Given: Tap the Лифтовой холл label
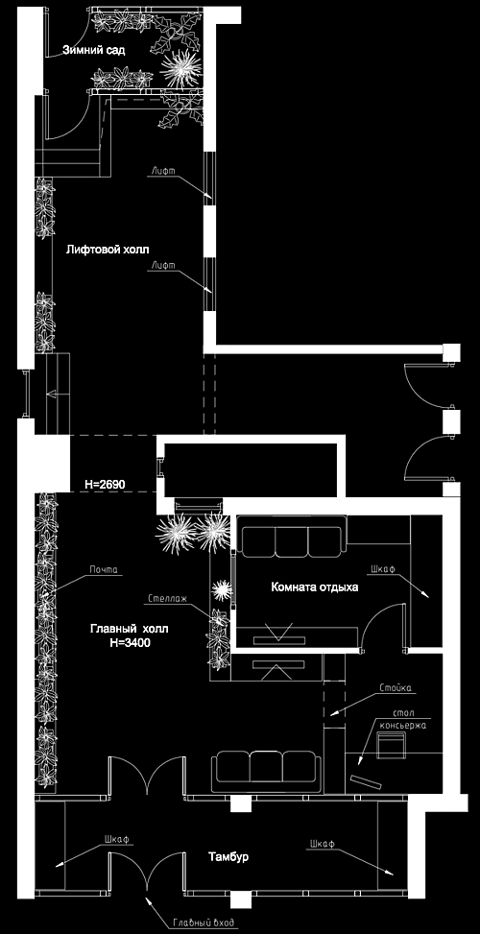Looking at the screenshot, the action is point(108,249).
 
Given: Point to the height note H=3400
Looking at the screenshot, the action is point(130,642).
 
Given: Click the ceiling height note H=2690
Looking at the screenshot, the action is point(105,484).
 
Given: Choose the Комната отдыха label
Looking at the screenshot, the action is point(315,587).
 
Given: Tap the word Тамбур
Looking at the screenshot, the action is point(228,856).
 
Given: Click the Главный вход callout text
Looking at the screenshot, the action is point(204,923).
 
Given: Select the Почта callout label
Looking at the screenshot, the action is point(104,570).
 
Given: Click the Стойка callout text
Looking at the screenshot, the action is point(396,688).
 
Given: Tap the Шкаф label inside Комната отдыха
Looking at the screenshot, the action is point(382,569).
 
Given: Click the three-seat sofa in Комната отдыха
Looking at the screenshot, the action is point(292,536).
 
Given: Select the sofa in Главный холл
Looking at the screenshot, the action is point(266,772).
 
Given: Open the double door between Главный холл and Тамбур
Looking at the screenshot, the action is point(146,775).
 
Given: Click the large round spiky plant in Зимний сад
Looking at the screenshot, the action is point(178,67).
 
